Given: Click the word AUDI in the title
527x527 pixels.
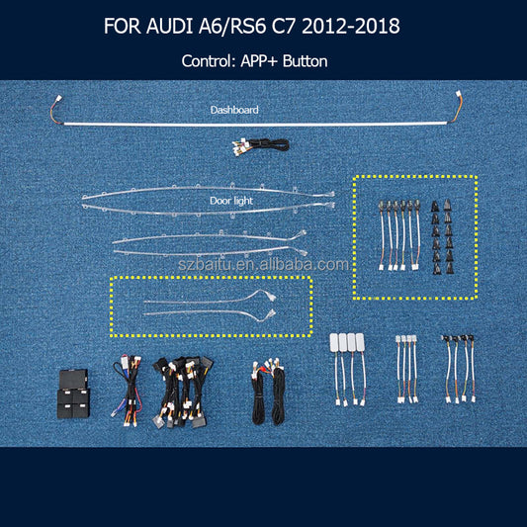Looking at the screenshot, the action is click(x=170, y=26).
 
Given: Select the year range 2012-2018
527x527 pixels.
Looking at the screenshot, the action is click(x=351, y=26).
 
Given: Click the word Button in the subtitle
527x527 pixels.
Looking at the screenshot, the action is click(x=305, y=61).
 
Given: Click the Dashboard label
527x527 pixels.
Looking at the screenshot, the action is click(x=234, y=110).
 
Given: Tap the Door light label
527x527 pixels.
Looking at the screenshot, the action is click(x=231, y=201).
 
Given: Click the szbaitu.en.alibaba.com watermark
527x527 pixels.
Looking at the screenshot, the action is click(x=263, y=265).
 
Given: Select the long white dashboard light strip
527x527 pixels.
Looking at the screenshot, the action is click(x=255, y=124).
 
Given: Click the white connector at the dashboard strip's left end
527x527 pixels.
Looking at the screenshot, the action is click(x=58, y=100).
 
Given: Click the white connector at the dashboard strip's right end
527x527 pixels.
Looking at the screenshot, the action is click(x=459, y=94).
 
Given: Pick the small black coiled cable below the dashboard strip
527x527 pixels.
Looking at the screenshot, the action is click(x=260, y=146).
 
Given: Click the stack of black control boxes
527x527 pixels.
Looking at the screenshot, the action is click(x=73, y=394).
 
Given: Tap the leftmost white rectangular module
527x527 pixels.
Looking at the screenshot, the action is click(x=334, y=342).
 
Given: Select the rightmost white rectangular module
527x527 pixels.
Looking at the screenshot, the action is click(x=360, y=342).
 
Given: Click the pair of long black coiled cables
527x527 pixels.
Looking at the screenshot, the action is click(x=269, y=393).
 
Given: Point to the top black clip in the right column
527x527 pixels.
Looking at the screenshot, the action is click(x=447, y=206).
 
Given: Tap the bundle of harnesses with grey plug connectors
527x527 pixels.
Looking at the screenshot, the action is click(x=184, y=393).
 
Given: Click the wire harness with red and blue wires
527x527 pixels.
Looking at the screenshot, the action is click(x=127, y=391).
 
